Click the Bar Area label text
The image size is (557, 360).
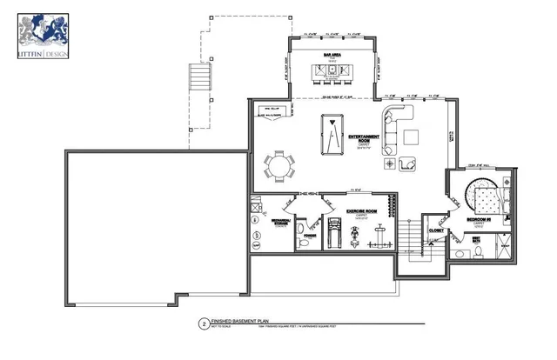331,55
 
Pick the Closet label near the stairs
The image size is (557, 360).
435,231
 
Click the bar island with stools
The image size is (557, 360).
331,71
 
